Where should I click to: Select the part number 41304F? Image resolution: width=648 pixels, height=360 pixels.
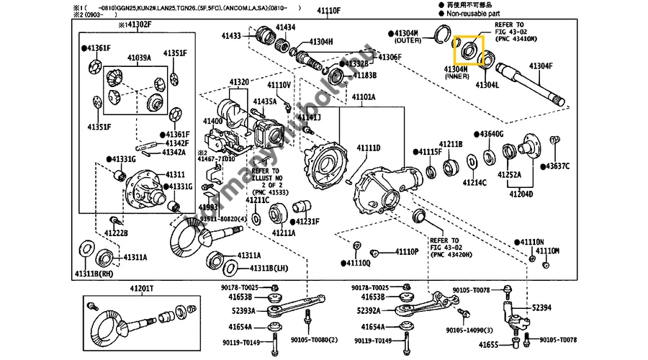(541, 66)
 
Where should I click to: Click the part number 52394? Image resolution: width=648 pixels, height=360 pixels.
(542, 307)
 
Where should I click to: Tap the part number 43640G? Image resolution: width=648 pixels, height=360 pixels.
(490, 135)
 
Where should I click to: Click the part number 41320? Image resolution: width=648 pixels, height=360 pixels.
(240, 82)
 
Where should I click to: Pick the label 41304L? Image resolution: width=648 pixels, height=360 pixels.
(487, 84)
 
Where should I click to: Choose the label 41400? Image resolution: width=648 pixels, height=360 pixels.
(213, 121)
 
